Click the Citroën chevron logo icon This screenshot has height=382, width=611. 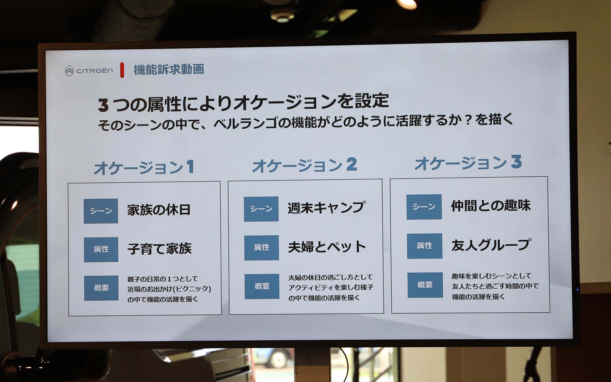pyautogui.click(x=69, y=71)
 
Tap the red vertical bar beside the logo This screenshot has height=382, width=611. pyautogui.click(x=122, y=70)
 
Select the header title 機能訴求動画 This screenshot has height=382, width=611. pyautogui.click(x=169, y=69)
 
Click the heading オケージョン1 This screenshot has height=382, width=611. pyautogui.click(x=144, y=167)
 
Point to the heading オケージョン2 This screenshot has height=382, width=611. pyautogui.click(x=305, y=165)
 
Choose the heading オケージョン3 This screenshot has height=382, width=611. pyautogui.click(x=468, y=163)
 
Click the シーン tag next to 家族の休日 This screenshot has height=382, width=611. pyautogui.click(x=101, y=211)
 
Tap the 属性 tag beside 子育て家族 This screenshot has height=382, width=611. pyautogui.click(x=101, y=249)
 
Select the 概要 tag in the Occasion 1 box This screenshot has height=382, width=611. pyautogui.click(x=101, y=288)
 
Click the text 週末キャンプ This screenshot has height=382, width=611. pyautogui.click(x=327, y=208)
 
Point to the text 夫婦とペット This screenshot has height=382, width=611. pyautogui.click(x=327, y=247)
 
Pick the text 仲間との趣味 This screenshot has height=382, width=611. pyautogui.click(x=491, y=205)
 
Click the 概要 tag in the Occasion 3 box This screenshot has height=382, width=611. pyautogui.click(x=425, y=285)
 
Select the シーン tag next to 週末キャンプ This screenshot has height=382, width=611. pyautogui.click(x=261, y=209)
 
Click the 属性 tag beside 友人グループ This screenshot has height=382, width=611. pyautogui.click(x=425, y=246)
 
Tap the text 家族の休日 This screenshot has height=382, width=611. pyautogui.click(x=159, y=210)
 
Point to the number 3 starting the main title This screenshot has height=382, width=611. pyautogui.click(x=103, y=105)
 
